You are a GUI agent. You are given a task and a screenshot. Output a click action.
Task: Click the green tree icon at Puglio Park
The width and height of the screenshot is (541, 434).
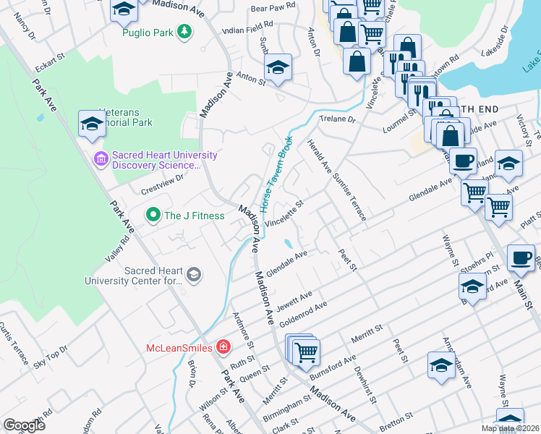tap(185, 31)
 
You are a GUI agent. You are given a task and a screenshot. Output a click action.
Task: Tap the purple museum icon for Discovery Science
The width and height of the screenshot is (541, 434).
tap(101, 158)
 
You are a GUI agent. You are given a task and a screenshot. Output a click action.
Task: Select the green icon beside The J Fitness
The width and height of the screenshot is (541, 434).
tap(153, 215)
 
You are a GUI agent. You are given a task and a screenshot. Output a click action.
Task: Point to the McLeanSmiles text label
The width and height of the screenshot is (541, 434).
tap(179, 348)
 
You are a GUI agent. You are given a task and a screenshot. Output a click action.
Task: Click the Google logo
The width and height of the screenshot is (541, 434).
tap(24, 425)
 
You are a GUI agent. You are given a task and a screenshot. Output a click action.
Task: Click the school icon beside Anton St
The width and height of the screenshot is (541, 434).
tap(278, 69)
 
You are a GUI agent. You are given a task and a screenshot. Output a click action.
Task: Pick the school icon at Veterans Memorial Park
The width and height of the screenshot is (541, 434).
tap(92, 124)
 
